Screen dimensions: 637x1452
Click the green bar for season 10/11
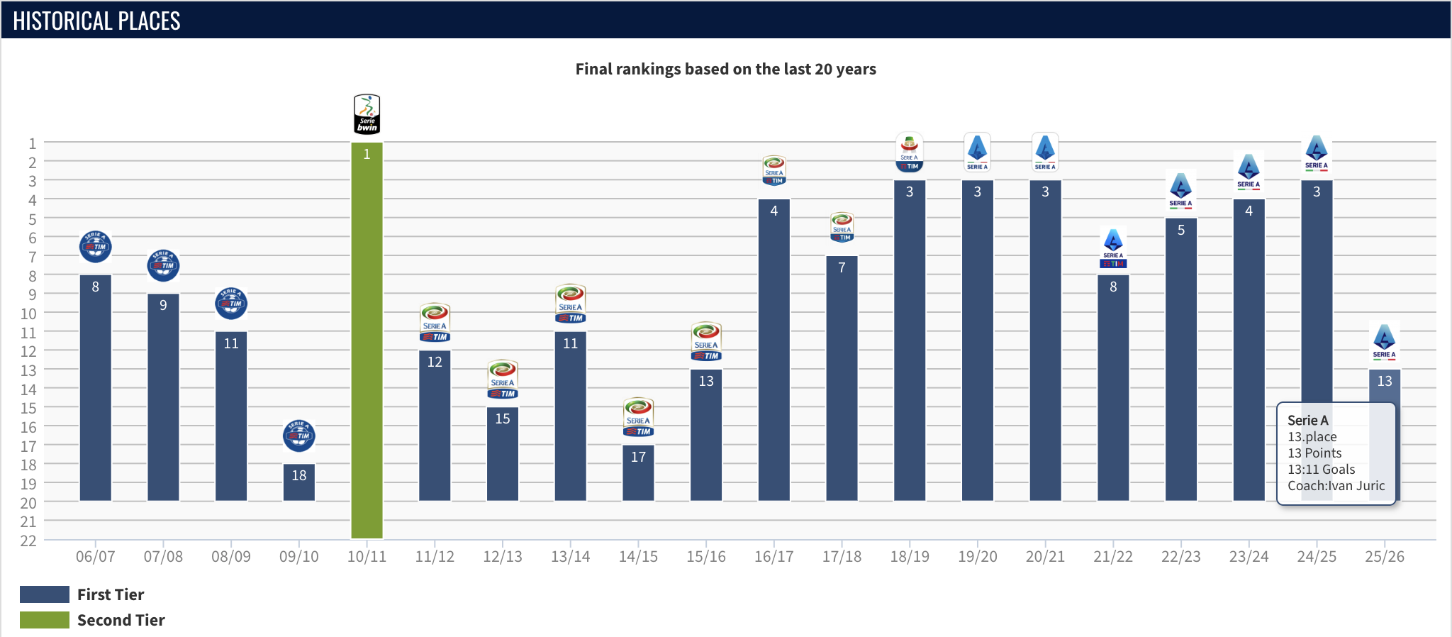tap(367, 340)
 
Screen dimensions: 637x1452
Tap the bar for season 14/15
tap(638, 473)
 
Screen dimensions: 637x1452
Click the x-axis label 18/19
tap(910, 557)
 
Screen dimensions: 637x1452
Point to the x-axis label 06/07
tap(95, 557)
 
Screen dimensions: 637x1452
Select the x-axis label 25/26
tap(1384, 557)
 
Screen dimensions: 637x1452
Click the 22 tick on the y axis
tap(28, 541)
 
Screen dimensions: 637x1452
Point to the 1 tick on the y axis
tap(32, 143)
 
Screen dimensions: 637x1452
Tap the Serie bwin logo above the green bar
tap(367, 114)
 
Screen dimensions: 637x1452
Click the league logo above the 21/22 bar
tap(1113, 248)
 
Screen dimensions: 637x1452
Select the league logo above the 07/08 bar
tap(163, 266)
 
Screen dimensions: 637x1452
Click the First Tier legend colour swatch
tap(44, 594)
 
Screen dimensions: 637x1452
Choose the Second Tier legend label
tap(121, 620)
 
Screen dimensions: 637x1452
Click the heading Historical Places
tap(96, 21)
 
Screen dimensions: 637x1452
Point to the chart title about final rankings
tap(725, 69)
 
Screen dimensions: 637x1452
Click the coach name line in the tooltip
tap(1336, 486)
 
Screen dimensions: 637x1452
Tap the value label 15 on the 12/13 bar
tap(503, 419)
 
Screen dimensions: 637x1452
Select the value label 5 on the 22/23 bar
tap(1180, 230)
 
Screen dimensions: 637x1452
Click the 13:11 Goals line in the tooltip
tap(1321, 470)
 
